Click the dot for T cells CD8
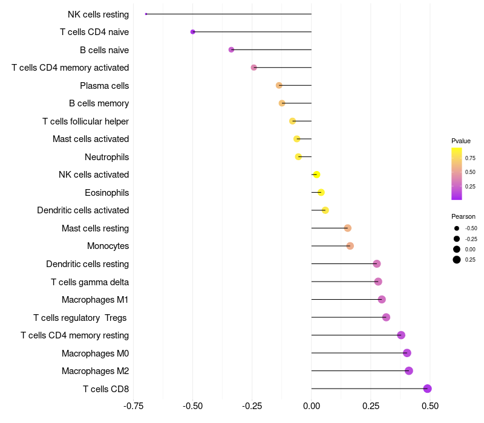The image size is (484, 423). [427, 389]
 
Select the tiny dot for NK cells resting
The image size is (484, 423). [146, 14]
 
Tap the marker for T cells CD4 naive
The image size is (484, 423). [193, 32]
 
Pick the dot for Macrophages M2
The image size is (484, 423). [409, 371]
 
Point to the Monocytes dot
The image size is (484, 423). [350, 246]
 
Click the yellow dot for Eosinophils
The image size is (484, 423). [321, 193]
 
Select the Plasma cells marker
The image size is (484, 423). [279, 85]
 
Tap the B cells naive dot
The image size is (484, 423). [231, 50]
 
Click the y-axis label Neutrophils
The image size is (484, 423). [107, 157]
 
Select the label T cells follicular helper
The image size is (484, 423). [85, 121]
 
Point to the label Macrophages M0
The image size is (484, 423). [95, 353]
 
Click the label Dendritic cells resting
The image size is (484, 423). [88, 264]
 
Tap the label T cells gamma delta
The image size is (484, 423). [90, 282]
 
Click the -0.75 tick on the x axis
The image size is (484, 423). [134, 406]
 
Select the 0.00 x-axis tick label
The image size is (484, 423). [311, 406]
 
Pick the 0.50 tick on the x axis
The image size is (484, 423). [430, 406]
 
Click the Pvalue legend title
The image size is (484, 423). [461, 141]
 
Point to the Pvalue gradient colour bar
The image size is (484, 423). [456, 173]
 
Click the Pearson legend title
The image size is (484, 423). [463, 216]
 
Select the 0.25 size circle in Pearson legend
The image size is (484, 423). [457, 260]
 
